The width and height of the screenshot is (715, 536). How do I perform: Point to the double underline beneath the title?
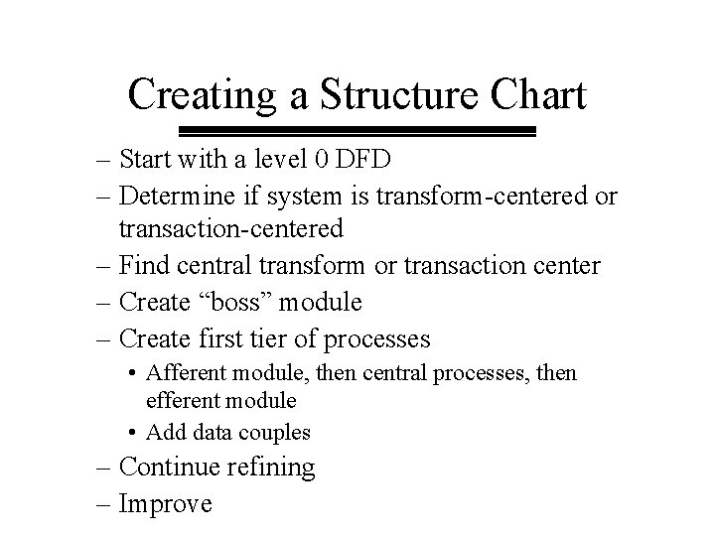point(357,131)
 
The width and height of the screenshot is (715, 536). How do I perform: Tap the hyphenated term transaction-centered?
point(231,229)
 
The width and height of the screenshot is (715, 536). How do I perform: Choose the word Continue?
point(173,467)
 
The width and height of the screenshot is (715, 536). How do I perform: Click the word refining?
point(273,467)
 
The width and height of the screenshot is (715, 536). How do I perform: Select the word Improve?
point(165,503)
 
